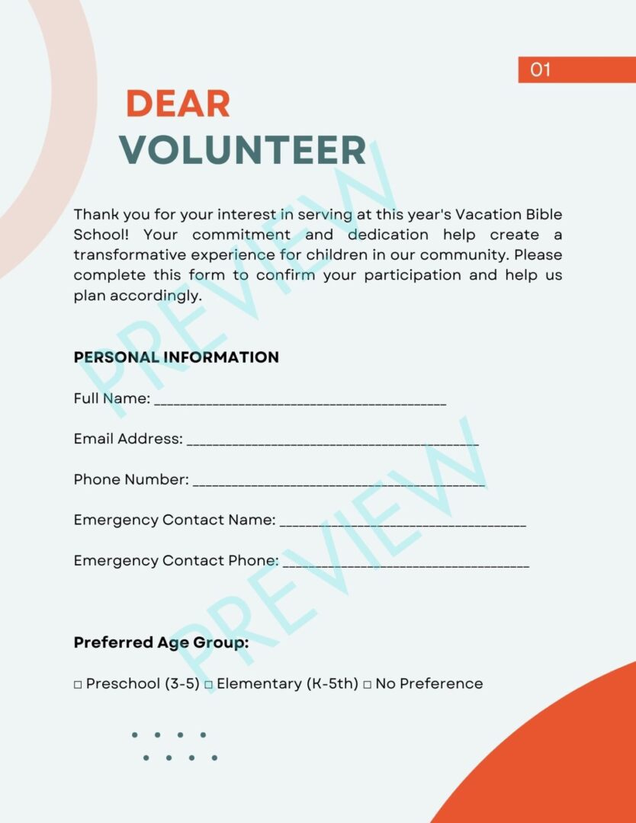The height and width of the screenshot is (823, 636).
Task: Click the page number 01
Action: [x=540, y=70]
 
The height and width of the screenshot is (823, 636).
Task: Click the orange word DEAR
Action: [x=178, y=104]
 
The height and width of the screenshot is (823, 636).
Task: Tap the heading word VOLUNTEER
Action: [x=243, y=150]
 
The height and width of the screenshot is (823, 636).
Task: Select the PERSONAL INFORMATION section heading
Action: [x=176, y=357]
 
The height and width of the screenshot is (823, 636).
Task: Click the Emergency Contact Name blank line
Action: [x=403, y=524]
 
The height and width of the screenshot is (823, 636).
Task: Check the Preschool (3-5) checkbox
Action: [x=78, y=685]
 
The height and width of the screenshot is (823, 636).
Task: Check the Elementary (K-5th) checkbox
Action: [x=208, y=685]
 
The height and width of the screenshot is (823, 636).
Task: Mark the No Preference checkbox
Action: [x=367, y=685]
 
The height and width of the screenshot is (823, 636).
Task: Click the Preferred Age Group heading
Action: [x=161, y=642]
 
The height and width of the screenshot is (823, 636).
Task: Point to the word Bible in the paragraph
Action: [x=543, y=215]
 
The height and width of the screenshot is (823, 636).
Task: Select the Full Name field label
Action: [x=111, y=399]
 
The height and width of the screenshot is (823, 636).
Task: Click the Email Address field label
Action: [x=128, y=439]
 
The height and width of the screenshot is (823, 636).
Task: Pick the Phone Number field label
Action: [x=131, y=479]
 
